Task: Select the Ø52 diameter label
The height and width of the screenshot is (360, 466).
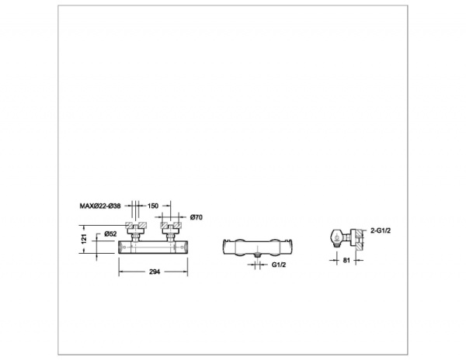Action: click(112, 234)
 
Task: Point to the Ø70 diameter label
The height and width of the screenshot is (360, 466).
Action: click(196, 217)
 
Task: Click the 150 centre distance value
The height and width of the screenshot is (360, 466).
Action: click(153, 206)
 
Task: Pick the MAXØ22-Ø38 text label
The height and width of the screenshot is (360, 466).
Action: click(101, 206)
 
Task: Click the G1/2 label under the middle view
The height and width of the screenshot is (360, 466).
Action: click(278, 265)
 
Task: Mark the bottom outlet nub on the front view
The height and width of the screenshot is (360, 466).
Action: click(256, 253)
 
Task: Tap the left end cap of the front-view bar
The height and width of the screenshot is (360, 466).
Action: click(225, 244)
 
